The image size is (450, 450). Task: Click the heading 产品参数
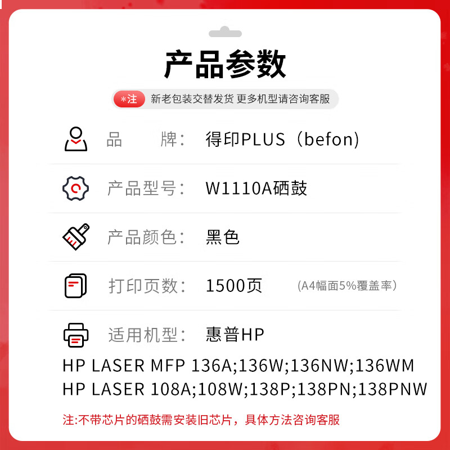click(x=225, y=64)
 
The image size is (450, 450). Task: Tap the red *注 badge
click(x=129, y=99)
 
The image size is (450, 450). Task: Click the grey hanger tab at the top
click(x=225, y=32)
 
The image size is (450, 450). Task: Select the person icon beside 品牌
click(x=76, y=139)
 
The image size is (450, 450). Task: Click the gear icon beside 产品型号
click(x=76, y=188)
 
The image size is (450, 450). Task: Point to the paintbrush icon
click(x=76, y=237)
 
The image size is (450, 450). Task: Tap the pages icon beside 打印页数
click(x=76, y=286)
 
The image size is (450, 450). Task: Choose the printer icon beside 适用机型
click(x=76, y=335)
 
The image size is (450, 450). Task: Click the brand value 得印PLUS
click(x=245, y=139)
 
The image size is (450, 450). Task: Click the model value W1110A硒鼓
click(x=256, y=188)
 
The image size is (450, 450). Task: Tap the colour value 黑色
click(x=222, y=237)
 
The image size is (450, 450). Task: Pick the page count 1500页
click(x=234, y=286)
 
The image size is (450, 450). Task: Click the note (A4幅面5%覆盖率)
click(x=347, y=286)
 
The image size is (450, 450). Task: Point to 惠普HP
click(x=235, y=335)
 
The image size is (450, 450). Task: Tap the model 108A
click(x=171, y=389)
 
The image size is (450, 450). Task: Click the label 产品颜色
click(x=142, y=237)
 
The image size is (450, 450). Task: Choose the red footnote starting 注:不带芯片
click(x=201, y=420)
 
